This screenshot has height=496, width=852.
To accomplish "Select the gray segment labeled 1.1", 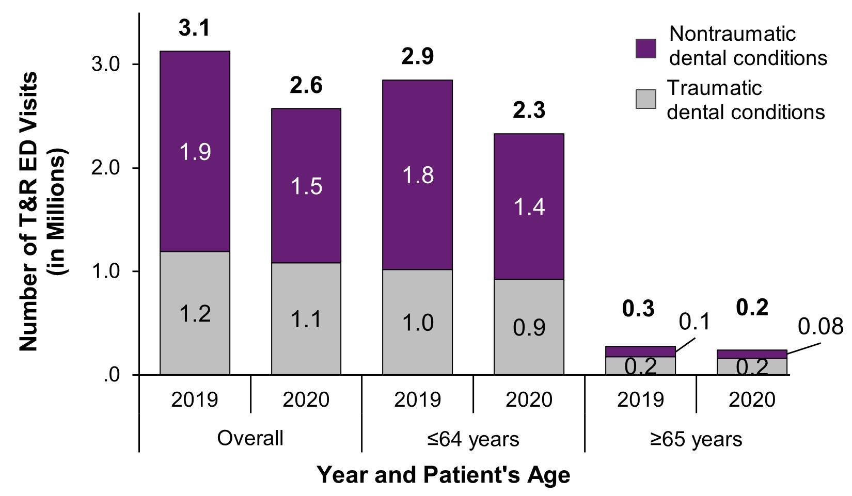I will point(306,318).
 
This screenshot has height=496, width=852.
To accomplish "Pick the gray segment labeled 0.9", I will point(529,327).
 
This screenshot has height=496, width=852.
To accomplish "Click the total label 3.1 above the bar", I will point(195,28).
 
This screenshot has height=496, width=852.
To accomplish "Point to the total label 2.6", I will point(306,86).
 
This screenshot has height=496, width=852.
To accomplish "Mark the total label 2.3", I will point(529,110).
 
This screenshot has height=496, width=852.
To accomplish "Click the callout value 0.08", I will point(820,327).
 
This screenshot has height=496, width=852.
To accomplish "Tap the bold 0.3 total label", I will point(638,309).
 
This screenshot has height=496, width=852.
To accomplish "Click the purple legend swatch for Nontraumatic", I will point(645,49).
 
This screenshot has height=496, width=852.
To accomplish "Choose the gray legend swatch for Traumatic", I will point(645,99).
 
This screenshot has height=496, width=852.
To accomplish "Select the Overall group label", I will point(250,439).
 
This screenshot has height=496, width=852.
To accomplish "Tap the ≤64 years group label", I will point(473,440).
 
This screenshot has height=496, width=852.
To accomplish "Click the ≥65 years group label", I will point(696,440).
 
